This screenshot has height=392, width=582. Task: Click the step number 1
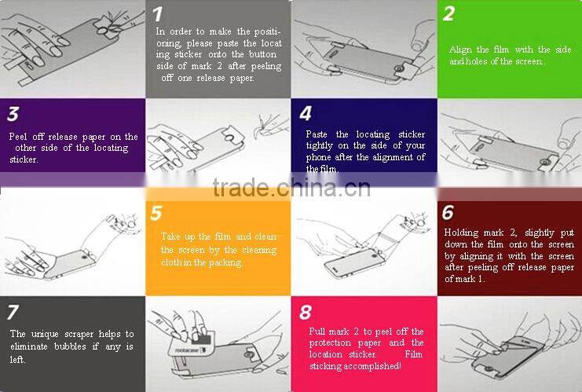pos(157,14)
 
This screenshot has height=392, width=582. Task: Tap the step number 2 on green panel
pos(448,13)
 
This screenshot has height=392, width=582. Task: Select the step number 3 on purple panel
pos(13,115)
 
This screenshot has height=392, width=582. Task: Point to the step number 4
pos(306,114)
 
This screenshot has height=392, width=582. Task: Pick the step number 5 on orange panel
pos(156,213)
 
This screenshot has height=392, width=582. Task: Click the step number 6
pos(448,212)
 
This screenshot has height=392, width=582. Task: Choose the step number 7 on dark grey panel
pos(13,312)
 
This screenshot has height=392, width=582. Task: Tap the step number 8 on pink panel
pos(305,312)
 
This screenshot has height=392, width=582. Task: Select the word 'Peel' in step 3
pos(18,137)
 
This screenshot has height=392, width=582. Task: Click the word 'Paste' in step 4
pos(317,134)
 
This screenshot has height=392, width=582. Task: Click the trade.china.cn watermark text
pos(291,189)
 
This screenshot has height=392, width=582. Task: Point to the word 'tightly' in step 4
pos(319,145)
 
